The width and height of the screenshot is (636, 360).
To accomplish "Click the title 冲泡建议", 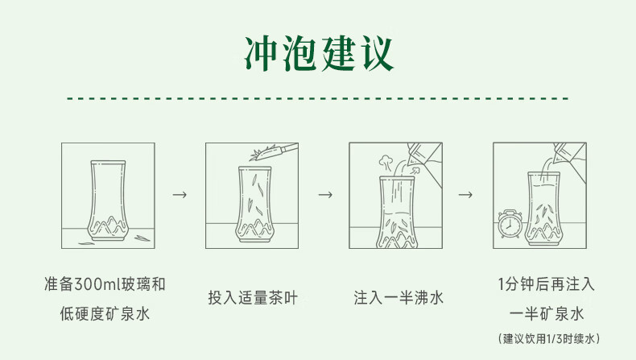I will (x=318, y=53).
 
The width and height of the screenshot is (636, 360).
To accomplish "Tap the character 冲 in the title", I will (x=261, y=53).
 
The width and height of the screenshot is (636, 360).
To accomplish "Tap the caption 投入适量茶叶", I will (x=253, y=298).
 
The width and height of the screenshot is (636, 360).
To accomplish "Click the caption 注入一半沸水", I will (x=399, y=298).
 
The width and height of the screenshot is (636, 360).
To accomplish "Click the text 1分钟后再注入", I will (x=546, y=283).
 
